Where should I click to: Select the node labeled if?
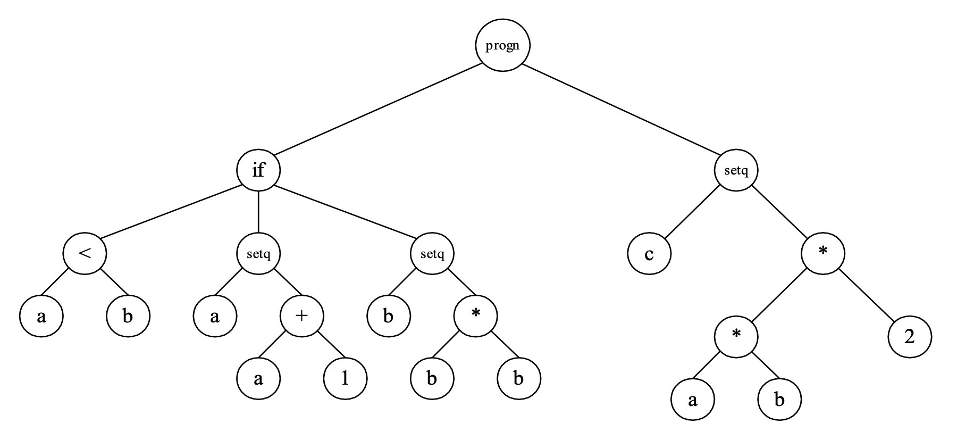(x=258, y=171)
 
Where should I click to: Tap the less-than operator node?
(x=85, y=253)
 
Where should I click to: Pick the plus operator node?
(x=301, y=316)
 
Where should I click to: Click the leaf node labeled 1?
(x=345, y=379)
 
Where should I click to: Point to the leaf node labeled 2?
(x=910, y=337)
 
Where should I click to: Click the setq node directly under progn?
(x=736, y=171)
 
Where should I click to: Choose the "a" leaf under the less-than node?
(x=41, y=316)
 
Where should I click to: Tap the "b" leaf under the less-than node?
(x=128, y=316)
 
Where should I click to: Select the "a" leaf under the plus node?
(x=258, y=379)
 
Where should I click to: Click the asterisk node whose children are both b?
(x=475, y=316)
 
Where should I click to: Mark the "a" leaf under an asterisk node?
(x=693, y=400)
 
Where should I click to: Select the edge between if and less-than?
(x=171, y=212)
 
